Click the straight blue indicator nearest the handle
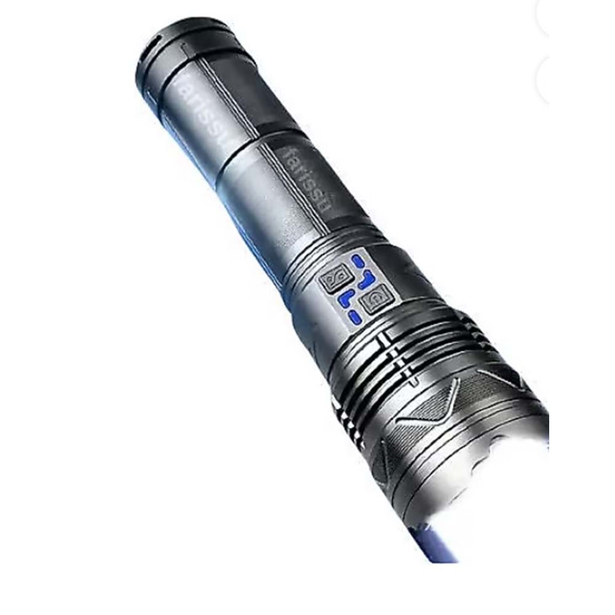[x=358, y=261]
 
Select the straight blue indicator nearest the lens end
[x=355, y=317]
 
